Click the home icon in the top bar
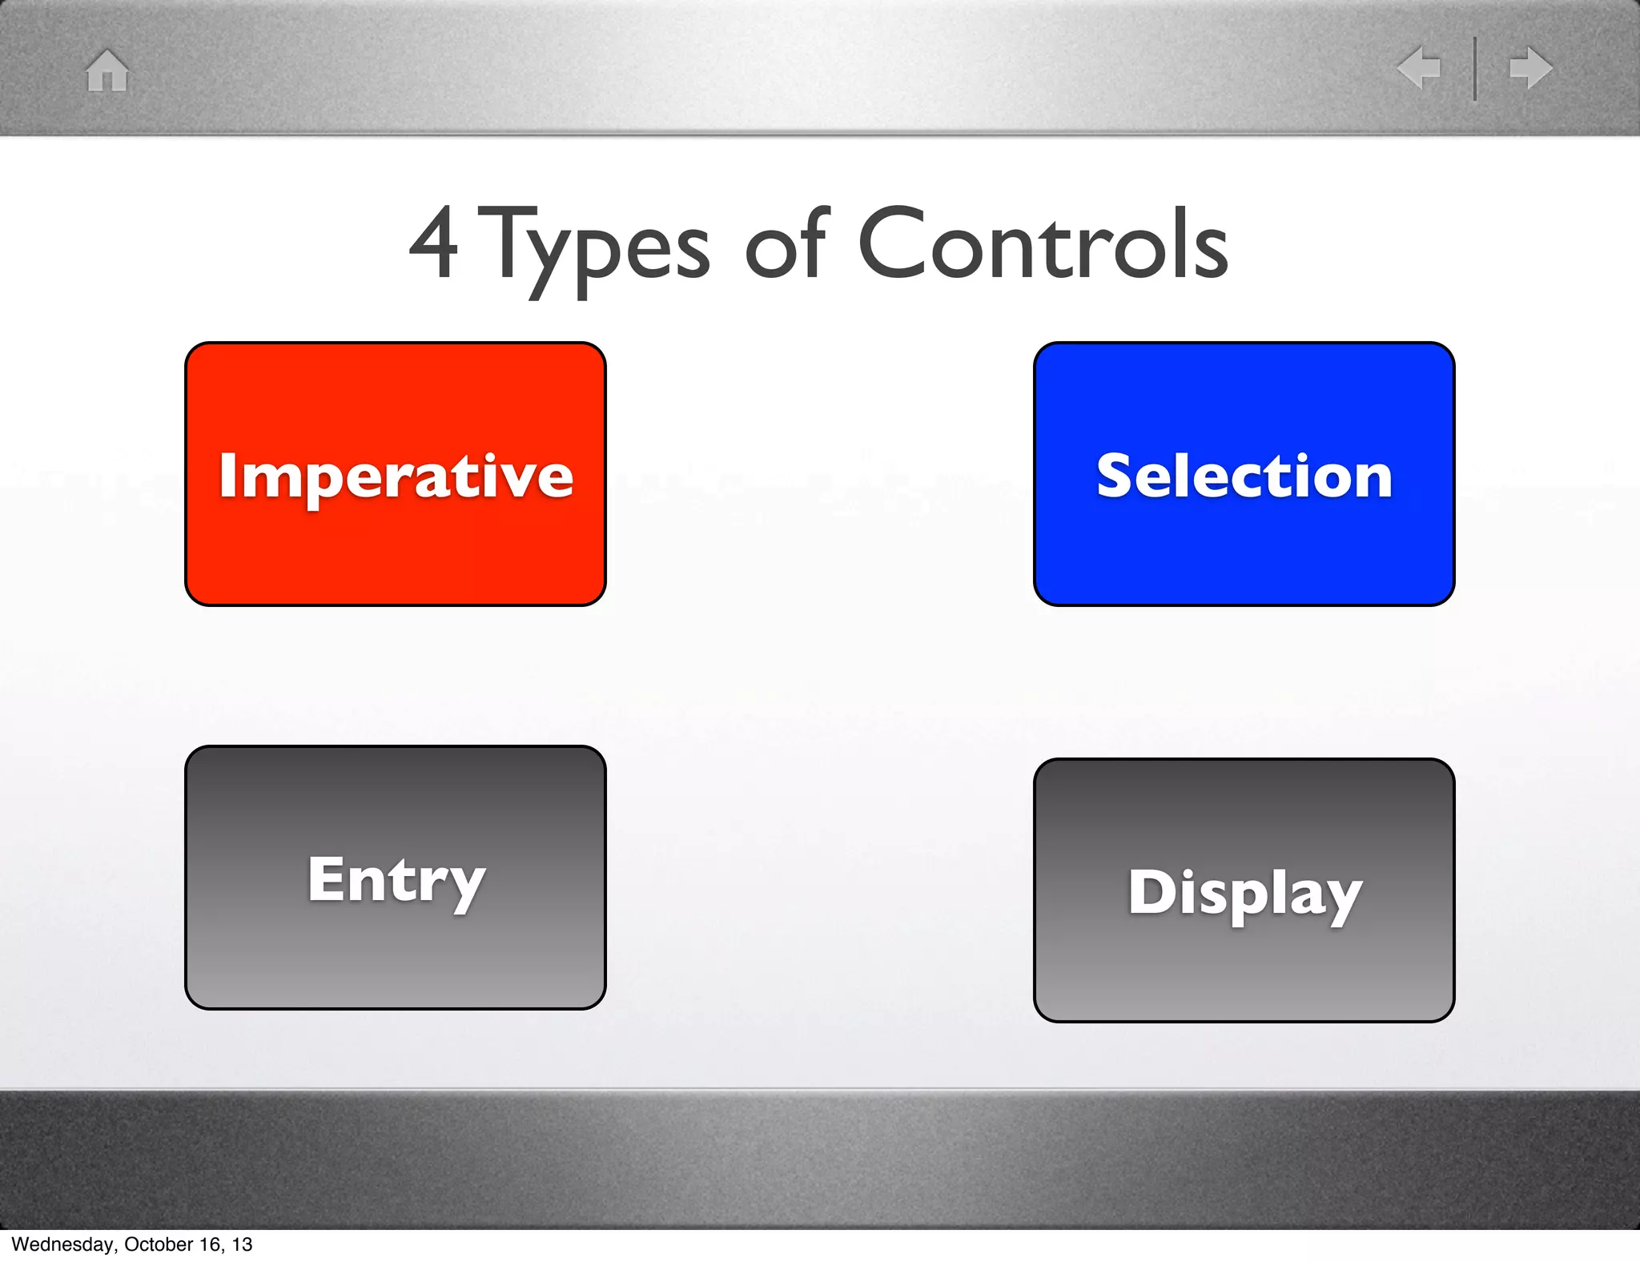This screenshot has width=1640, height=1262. [107, 70]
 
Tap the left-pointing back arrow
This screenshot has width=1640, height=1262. [1419, 67]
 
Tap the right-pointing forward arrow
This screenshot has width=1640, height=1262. [1531, 67]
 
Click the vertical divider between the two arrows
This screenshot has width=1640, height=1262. [1475, 68]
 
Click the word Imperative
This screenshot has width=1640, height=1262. [396, 476]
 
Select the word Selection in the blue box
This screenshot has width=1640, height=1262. [1244, 476]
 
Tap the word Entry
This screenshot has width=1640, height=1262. [396, 881]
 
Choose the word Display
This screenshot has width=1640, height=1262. [1244, 894]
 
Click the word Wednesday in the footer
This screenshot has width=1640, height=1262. [62, 1244]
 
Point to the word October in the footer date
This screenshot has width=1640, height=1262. [159, 1244]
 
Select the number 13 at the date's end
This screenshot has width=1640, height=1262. [243, 1244]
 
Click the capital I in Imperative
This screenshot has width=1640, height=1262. [227, 476]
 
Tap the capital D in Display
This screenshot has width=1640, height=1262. [1150, 892]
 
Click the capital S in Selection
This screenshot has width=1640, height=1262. [1116, 476]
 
